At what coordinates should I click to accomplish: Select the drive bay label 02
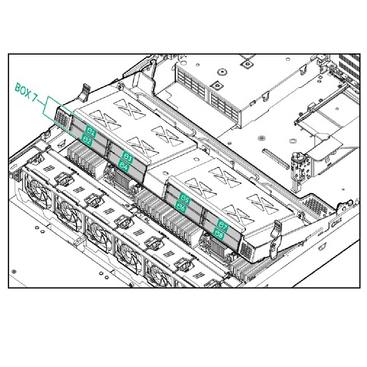[86, 139]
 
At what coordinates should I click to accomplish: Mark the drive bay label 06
[180, 208]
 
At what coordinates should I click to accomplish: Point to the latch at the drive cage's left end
[85, 91]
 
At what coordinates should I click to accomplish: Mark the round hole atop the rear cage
[222, 72]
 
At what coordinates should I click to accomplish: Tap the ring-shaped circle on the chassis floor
[261, 138]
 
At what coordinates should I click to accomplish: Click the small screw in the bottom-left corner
[14, 271]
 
